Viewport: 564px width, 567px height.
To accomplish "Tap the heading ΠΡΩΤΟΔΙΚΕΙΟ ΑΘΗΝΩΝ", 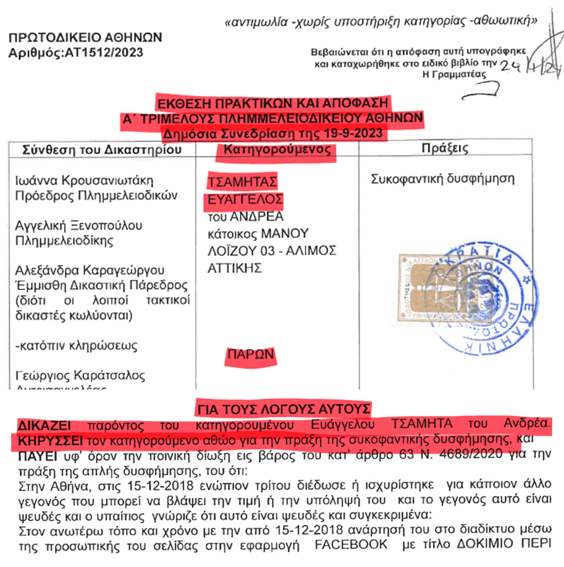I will coord(85,38).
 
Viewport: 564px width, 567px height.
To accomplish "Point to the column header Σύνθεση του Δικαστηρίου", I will coord(102,150).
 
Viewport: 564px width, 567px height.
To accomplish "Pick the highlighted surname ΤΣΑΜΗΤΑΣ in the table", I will coord(242,182).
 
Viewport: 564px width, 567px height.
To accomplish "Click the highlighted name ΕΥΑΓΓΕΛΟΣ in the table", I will coord(245,200).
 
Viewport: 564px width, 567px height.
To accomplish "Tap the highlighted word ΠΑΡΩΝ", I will coord(251,354).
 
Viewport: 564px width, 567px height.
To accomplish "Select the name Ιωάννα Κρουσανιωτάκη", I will coord(84,180).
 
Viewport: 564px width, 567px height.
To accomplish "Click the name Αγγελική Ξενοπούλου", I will coord(78,225).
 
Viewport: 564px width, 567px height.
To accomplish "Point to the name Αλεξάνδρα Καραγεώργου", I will coord(89,270).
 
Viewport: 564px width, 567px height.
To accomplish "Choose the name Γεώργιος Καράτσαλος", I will coord(80,375).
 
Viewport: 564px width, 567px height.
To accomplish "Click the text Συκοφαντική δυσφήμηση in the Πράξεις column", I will coord(442,179).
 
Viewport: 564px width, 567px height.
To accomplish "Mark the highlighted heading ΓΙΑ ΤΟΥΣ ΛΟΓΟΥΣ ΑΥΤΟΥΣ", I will coord(283,409).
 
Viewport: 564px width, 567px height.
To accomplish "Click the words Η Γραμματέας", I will coord(454,74).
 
